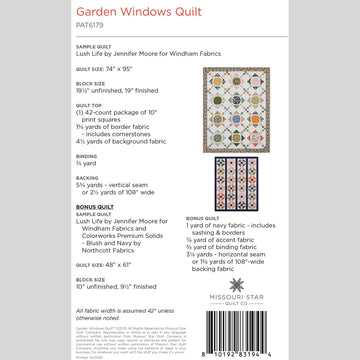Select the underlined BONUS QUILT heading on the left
click(x=95, y=205)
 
